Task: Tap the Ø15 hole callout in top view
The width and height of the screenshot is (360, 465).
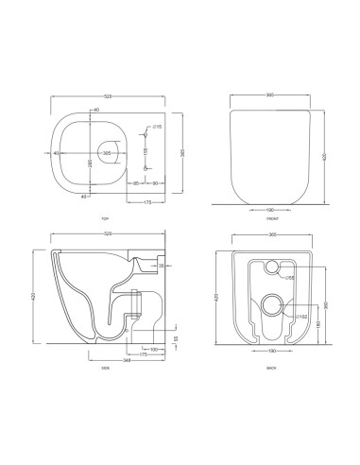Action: pos(160,125)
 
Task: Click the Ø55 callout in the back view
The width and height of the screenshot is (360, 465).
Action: pos(290,278)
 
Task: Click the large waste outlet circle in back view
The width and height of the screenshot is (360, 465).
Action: pos(272,303)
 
